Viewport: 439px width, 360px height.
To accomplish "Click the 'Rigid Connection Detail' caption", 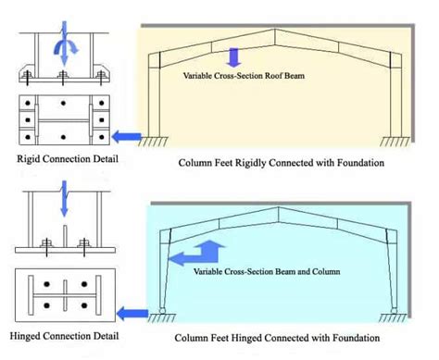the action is pos(68,159).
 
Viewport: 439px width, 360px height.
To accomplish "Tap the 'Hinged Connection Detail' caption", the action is pos(64,336).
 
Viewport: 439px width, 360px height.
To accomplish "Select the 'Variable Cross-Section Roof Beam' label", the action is pos(244,76).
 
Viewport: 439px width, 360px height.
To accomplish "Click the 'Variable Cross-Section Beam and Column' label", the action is pos(267,272).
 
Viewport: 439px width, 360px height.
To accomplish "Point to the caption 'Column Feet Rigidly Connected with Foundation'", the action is pos(282,163).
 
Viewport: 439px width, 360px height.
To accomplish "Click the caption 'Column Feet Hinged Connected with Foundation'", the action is pos(277,338).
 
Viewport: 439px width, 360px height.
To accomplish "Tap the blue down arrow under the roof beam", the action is pos(233,57).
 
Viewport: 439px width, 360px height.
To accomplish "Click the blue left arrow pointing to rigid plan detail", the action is pos(126,136).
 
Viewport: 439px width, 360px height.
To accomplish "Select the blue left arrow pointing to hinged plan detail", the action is pos(132,314).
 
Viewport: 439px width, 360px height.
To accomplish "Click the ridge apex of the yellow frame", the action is pos(274,30).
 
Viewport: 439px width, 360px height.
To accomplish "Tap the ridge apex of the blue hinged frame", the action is pos(278,207).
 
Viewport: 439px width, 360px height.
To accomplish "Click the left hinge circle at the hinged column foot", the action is pos(162,310).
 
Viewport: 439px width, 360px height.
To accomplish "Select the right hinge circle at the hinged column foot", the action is pos(394,310).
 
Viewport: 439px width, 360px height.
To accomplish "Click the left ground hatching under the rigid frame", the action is pos(154,142).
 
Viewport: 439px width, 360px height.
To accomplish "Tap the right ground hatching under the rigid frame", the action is pos(395,142).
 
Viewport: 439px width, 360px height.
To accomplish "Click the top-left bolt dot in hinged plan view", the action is pos(46,284).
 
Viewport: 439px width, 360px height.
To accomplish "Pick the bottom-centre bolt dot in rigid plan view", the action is pos(63,137).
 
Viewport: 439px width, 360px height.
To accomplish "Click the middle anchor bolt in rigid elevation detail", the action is pos(63,78).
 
